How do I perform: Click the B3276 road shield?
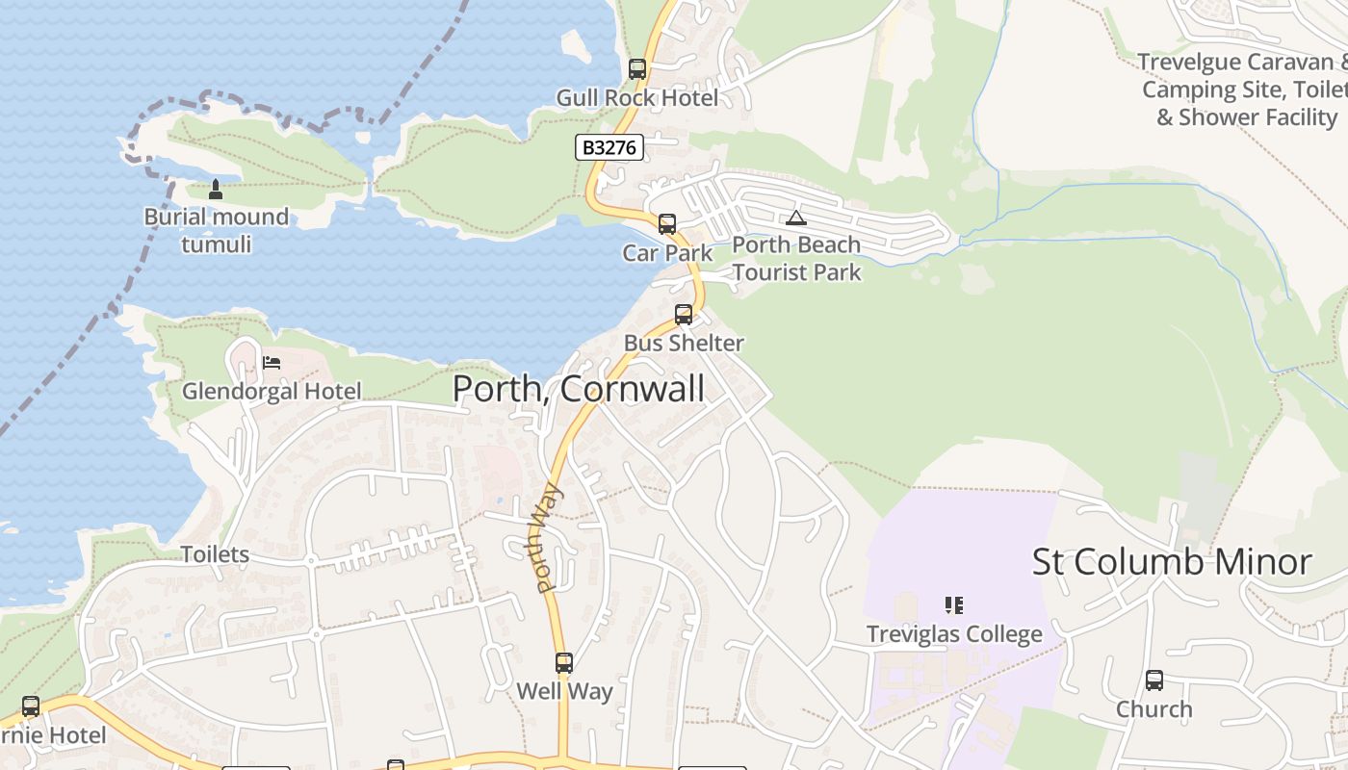point(609,147)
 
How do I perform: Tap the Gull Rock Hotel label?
point(637,98)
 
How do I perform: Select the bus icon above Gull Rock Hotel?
point(637,69)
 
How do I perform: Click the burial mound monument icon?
point(216,190)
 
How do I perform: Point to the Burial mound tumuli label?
point(216,230)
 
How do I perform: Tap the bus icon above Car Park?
point(667,224)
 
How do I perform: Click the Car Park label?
point(667,253)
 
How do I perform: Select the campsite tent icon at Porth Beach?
point(795,218)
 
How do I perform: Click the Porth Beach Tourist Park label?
point(796,259)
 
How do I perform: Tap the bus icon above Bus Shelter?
point(684,315)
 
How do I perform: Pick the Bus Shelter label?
point(684,343)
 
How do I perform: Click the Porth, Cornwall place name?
point(579,389)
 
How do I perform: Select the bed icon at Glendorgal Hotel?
point(272,363)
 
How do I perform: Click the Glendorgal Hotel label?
point(272,391)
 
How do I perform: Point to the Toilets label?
point(216,554)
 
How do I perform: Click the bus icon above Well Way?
point(564,663)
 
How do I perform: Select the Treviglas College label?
point(954,634)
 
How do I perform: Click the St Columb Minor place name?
point(1172,562)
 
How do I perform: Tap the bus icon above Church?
point(1154,680)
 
